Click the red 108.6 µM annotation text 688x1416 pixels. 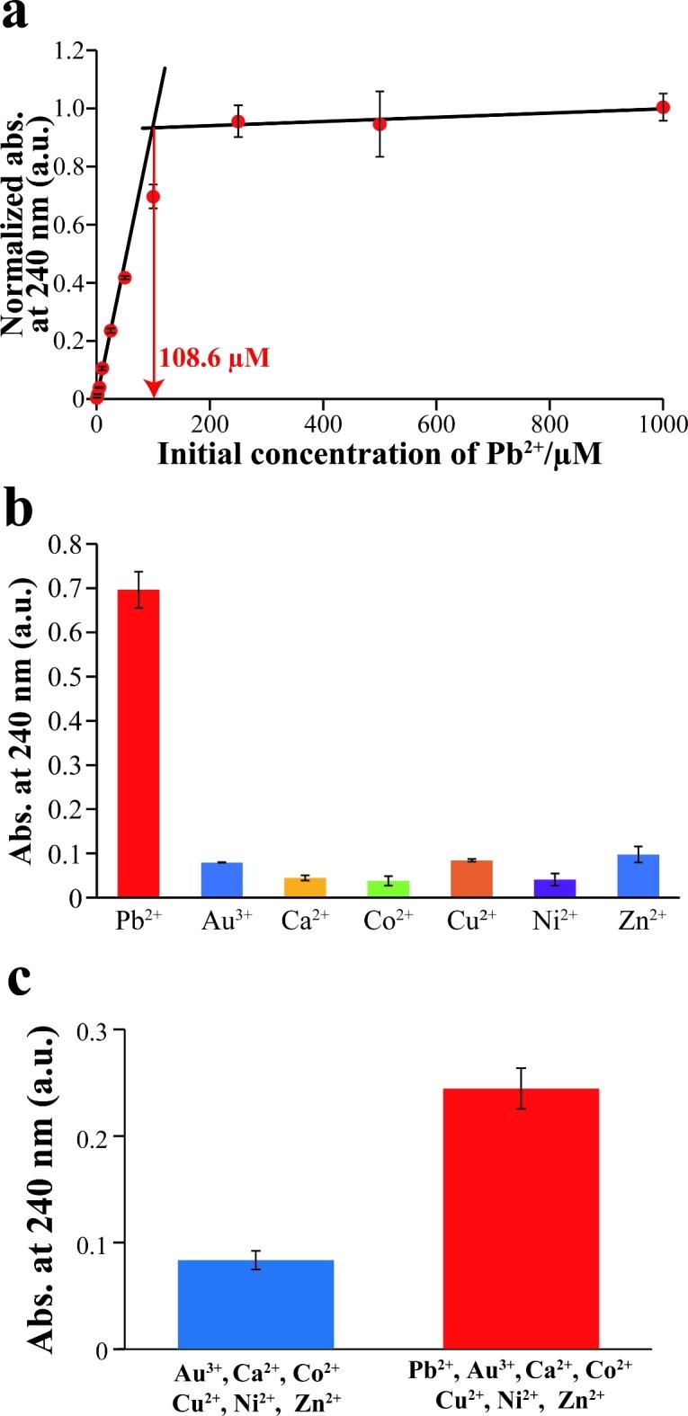(214, 358)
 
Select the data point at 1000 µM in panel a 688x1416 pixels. (663, 107)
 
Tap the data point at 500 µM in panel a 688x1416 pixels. (380, 123)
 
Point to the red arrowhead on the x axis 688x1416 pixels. (154, 388)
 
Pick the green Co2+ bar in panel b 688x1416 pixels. (389, 888)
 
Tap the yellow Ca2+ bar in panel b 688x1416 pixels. (305, 886)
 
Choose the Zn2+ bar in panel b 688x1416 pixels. (639, 876)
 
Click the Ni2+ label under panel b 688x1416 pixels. (554, 921)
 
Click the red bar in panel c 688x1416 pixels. (521, 1218)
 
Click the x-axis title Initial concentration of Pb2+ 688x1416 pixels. (380, 453)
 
